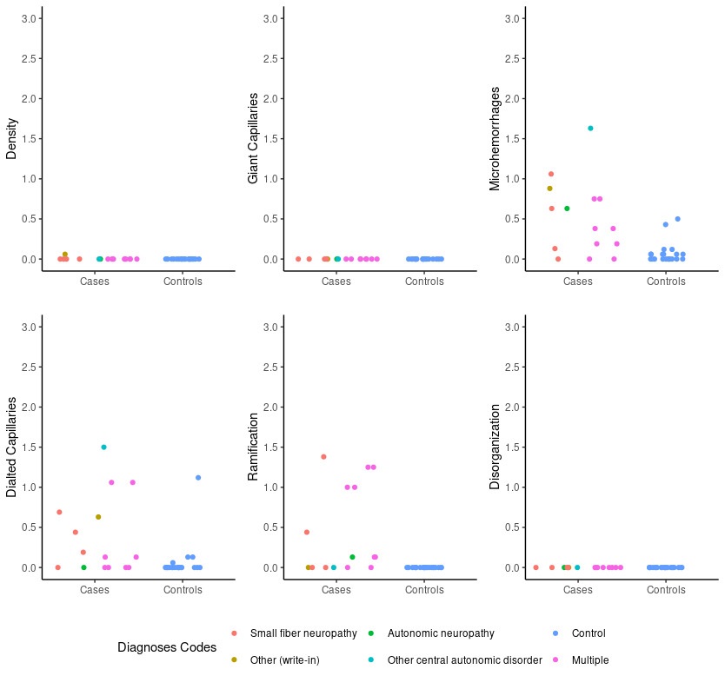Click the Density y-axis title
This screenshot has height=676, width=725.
11,138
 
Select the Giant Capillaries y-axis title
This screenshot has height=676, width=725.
253,138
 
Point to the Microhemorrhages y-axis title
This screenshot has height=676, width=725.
495,138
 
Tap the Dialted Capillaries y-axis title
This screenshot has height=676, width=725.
11,447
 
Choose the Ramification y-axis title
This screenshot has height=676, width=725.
253,447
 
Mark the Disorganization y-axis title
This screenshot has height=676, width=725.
495,447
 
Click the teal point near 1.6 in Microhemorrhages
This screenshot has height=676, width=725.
590,128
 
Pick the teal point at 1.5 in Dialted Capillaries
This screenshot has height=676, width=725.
103,447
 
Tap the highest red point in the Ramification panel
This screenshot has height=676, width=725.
323,456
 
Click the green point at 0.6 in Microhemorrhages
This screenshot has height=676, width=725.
567,209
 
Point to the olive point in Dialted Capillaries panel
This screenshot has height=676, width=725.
98,517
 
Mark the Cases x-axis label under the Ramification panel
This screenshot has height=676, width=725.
336,590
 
